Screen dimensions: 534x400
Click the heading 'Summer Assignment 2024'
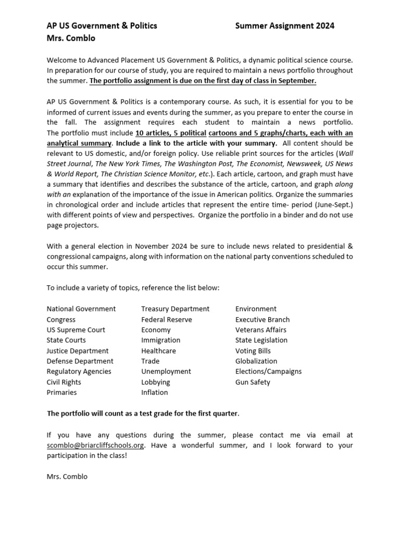pyautogui.click(x=284, y=26)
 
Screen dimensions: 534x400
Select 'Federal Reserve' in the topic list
pyautogui.click(x=166, y=320)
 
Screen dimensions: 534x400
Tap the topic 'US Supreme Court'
pyautogui.click(x=76, y=330)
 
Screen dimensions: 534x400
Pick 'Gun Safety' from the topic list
pyautogui.click(x=253, y=382)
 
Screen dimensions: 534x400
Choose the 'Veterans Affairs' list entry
pyautogui.click(x=260, y=330)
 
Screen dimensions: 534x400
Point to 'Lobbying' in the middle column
pyautogui.click(x=155, y=382)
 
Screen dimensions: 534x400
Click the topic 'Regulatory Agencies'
pyautogui.click(x=79, y=372)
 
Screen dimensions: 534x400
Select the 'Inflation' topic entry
pyautogui.click(x=154, y=393)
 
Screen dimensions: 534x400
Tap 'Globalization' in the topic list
pyautogui.click(x=256, y=361)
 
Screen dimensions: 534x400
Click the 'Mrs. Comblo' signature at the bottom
pyautogui.click(x=67, y=477)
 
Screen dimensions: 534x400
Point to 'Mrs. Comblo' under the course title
pyautogui.click(x=71, y=38)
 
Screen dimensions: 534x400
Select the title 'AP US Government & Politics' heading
pyautogui.click(x=102, y=26)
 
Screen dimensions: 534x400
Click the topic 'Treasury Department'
pyautogui.click(x=175, y=309)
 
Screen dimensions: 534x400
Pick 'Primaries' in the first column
pyautogui.click(x=61, y=393)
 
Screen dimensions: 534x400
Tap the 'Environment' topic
pyautogui.click(x=256, y=309)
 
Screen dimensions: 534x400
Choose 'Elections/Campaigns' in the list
pyautogui.click(x=268, y=372)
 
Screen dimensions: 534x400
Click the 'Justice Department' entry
pyautogui.click(x=78, y=351)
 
